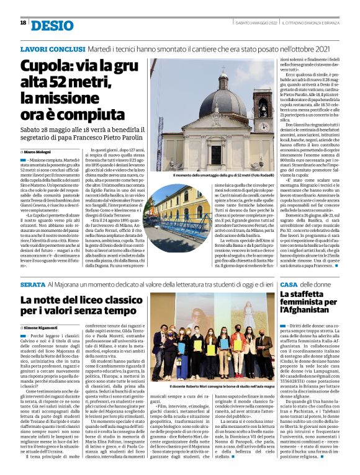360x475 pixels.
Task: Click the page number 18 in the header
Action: tap(23, 23)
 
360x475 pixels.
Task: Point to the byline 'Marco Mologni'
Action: tap(40, 151)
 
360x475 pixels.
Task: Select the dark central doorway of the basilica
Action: tap(216, 155)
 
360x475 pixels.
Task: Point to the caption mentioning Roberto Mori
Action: tap(211, 386)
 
